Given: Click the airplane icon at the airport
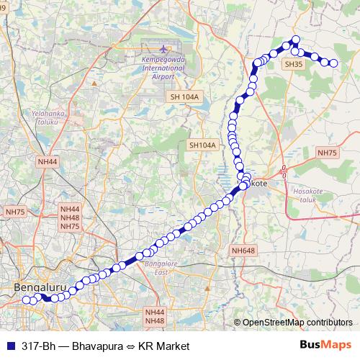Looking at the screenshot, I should click(x=163, y=48).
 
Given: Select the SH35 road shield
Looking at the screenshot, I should click(x=294, y=64).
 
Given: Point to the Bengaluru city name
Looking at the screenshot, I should click(x=40, y=288).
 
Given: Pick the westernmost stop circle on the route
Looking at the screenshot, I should click(x=26, y=300).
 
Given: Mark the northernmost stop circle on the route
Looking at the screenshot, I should click(x=294, y=40).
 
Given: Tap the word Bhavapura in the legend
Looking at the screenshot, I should click(x=98, y=346).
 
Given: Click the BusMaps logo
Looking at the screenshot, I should click(x=325, y=346).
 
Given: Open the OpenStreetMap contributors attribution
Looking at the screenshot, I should click(x=297, y=323).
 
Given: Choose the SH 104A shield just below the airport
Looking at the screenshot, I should click(x=185, y=96).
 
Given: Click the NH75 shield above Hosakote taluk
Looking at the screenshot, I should click(x=327, y=153).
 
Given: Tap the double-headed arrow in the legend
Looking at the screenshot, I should click(x=131, y=346).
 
